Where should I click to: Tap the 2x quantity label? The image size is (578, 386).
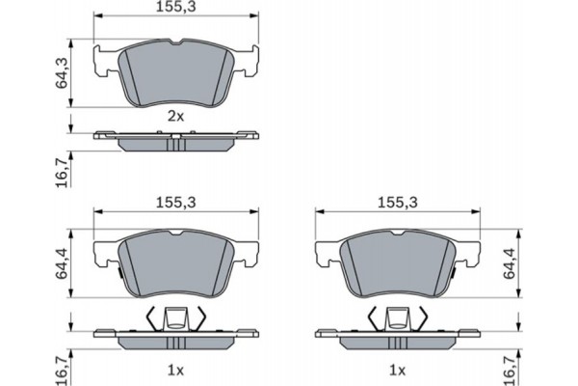pyautogui.click(x=174, y=116)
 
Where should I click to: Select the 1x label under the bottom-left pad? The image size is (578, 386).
pyautogui.click(x=174, y=369)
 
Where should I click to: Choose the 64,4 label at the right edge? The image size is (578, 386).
pyautogui.click(x=511, y=264)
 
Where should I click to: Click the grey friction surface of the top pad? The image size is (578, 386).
pyautogui.click(x=174, y=72)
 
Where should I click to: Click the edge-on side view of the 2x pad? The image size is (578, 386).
pyautogui.click(x=174, y=141)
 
